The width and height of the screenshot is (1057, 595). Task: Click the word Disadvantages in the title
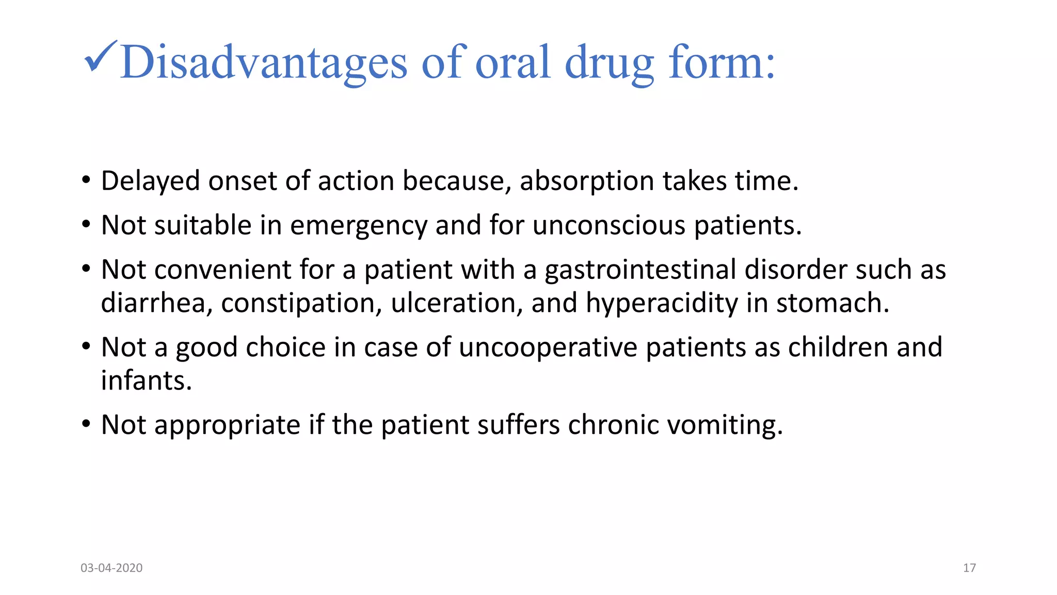pyautogui.click(x=264, y=62)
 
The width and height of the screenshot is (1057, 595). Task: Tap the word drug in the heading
pyautogui.click(x=610, y=62)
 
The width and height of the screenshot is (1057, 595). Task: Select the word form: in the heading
pyautogui.click(x=722, y=62)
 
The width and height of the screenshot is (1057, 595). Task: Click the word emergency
pyautogui.click(x=359, y=226)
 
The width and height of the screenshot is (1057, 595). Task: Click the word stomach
pyautogui.click(x=832, y=303)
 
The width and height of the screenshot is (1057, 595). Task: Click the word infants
pyautogui.click(x=146, y=381)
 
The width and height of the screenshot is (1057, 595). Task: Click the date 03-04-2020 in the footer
pyautogui.click(x=111, y=568)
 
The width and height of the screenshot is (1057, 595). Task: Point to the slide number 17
pyautogui.click(x=969, y=568)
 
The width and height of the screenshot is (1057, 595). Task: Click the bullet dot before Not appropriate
pyautogui.click(x=86, y=425)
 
